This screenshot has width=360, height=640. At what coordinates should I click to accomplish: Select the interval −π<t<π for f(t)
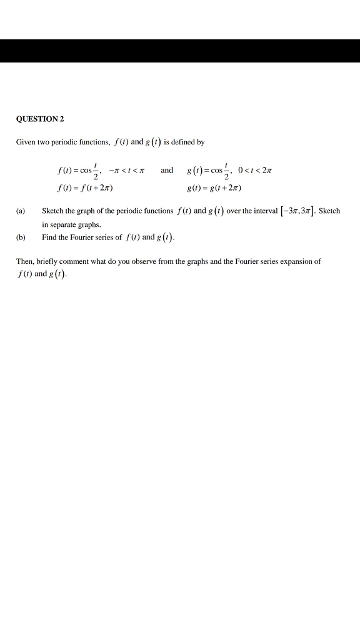click(124, 171)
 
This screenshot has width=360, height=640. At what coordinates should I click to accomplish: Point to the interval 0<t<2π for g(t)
click(253, 171)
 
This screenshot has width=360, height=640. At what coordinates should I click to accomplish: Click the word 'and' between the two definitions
click(167, 170)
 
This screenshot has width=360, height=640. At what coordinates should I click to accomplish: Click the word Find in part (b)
click(49, 237)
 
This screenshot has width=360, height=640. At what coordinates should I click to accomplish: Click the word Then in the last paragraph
click(24, 262)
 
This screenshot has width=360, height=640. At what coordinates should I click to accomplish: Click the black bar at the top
click(180, 50)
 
